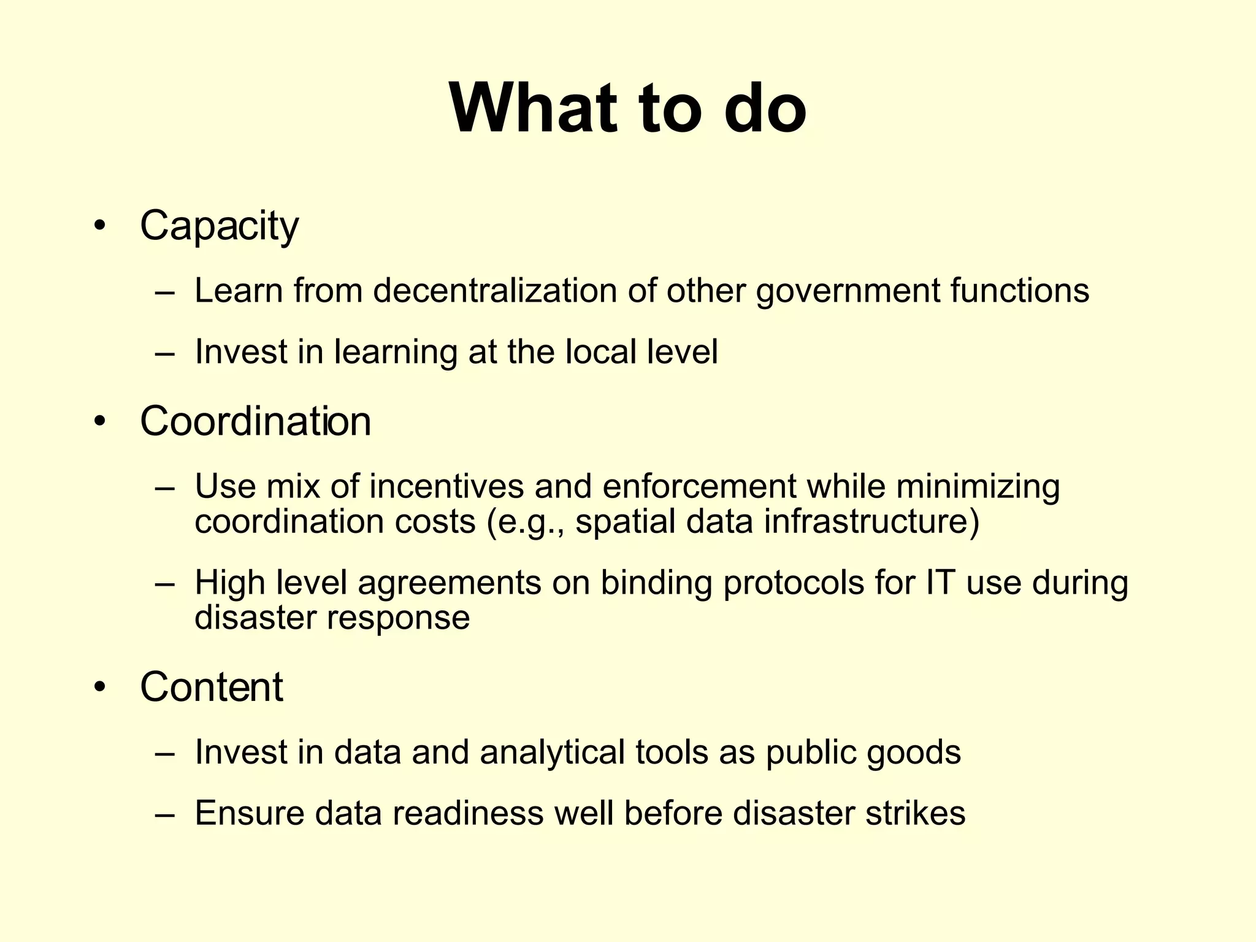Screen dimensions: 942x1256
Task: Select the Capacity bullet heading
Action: (x=219, y=226)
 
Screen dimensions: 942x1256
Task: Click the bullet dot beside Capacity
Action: (x=100, y=226)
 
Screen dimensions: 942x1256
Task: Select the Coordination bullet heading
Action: (x=255, y=421)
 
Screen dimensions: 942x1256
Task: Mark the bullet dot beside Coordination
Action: (x=100, y=422)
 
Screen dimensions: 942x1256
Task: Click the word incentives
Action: (x=446, y=486)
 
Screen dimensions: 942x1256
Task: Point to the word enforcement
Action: (x=699, y=486)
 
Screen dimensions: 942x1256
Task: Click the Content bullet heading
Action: (x=211, y=686)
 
